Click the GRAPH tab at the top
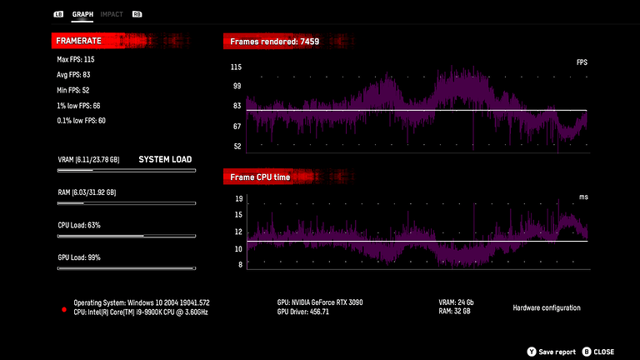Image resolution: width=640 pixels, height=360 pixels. pyautogui.click(x=82, y=14)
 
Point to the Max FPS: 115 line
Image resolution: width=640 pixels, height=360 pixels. pyautogui.click(x=75, y=59)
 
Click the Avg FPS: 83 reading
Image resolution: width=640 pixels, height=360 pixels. pyautogui.click(x=73, y=75)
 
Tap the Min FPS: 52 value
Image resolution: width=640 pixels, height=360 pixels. pyautogui.click(x=73, y=90)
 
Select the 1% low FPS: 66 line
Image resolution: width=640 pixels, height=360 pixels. pyautogui.click(x=78, y=106)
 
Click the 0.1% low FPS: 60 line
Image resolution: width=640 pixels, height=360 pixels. pyautogui.click(x=81, y=121)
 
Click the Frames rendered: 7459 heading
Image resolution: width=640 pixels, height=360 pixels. pyautogui.click(x=275, y=41)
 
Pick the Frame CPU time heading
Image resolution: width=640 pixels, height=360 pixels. pyautogui.click(x=261, y=177)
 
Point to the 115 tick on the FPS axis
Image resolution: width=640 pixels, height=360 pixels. pyautogui.click(x=236, y=67)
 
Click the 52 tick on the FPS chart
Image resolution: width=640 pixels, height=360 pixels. pyautogui.click(x=237, y=146)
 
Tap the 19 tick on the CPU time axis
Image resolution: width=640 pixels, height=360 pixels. pyautogui.click(x=239, y=199)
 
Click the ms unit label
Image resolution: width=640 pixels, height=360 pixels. pyautogui.click(x=583, y=197)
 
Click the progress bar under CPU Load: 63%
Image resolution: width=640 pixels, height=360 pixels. pyautogui.click(x=126, y=236)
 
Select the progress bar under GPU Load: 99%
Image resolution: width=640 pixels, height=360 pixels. pyautogui.click(x=126, y=268)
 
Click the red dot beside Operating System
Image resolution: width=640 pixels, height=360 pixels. pyautogui.click(x=63, y=309)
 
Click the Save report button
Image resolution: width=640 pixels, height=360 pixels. pyautogui.click(x=552, y=352)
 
